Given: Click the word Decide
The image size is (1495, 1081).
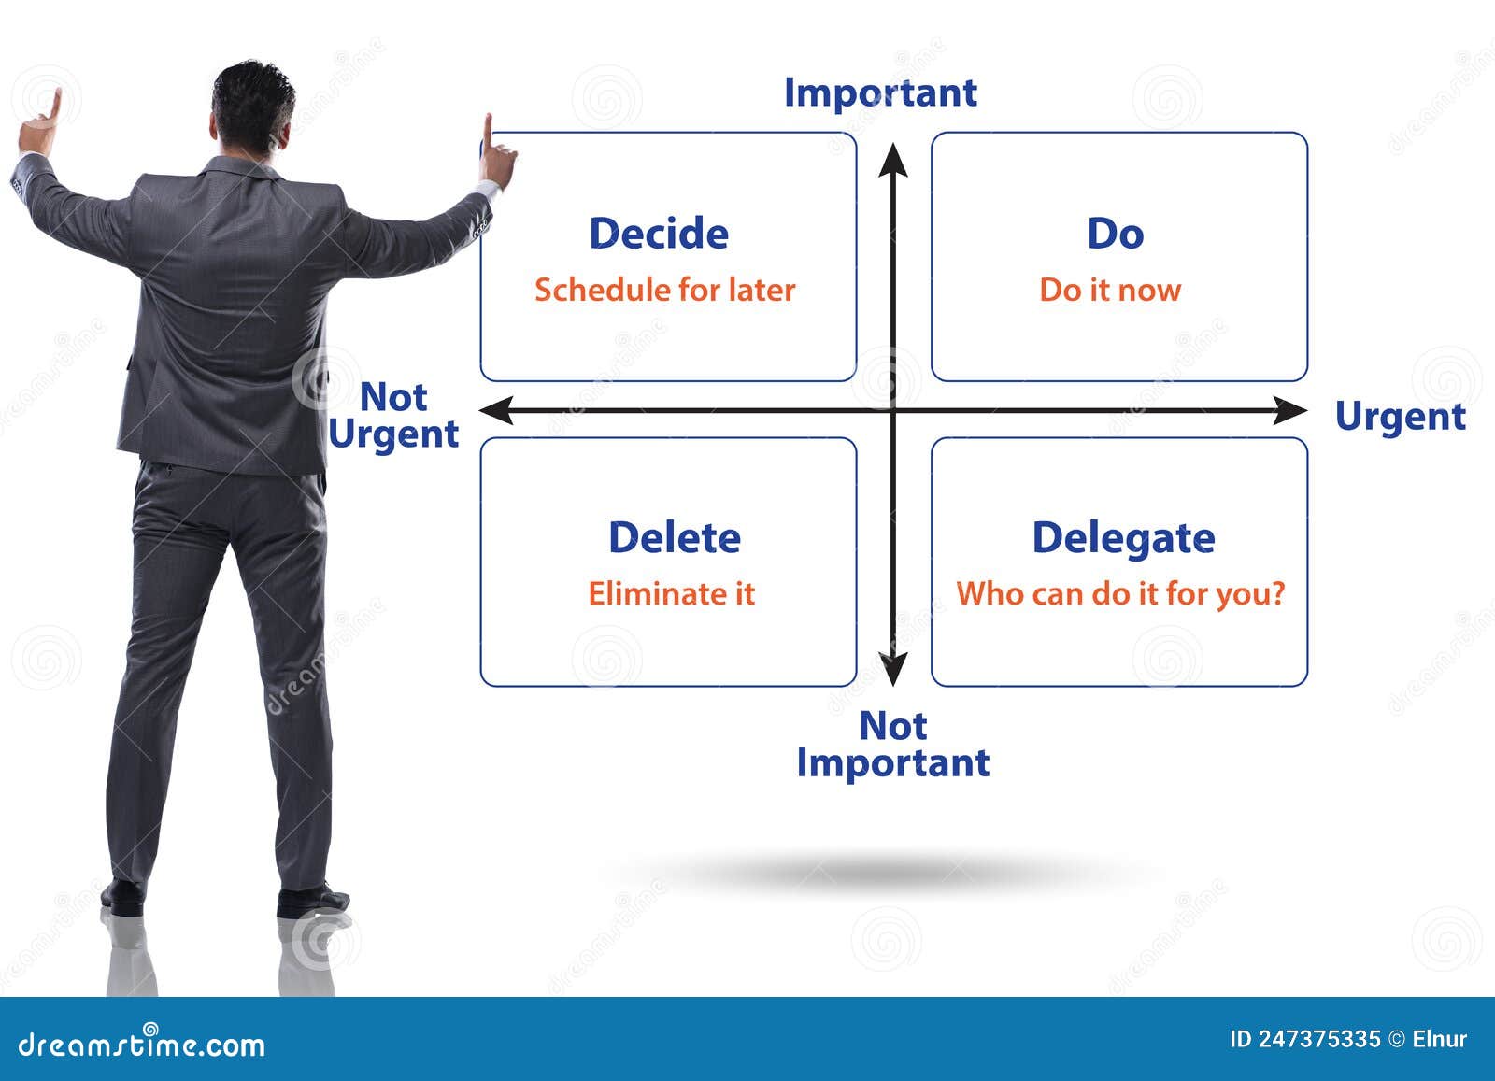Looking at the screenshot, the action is point(659,233).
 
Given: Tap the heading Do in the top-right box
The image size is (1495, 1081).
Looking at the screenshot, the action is point(1116,233).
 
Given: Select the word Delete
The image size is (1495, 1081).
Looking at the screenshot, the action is point(675,537).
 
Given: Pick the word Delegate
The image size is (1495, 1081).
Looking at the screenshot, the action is point(1123,538).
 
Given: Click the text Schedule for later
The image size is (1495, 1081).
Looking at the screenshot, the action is point(664,291).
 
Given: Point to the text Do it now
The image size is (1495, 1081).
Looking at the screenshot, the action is point(1110,291).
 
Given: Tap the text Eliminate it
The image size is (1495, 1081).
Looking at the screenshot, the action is point(672,593).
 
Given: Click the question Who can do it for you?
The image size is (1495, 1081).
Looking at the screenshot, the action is point(1120,594).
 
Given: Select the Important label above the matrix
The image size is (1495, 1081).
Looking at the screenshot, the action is point(880,93).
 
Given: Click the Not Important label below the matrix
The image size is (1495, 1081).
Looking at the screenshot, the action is point(893,744).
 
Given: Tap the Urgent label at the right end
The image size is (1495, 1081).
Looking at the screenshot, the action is point(1401,418).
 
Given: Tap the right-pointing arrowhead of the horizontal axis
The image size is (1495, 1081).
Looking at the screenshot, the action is point(1289,410).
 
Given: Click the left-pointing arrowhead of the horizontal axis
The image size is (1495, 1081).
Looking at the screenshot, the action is point(496,410).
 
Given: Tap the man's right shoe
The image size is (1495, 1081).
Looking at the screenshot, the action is point(312,901).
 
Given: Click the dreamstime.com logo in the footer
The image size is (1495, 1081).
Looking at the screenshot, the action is point(141,1044).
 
